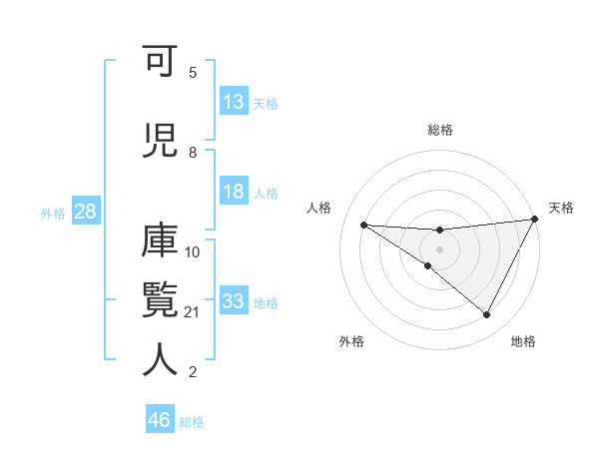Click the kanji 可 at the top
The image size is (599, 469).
click(161, 61)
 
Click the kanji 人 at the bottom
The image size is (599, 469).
click(161, 360)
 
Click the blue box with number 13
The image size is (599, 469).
click(234, 103)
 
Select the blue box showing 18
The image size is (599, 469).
click(234, 192)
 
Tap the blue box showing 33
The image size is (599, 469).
click(234, 301)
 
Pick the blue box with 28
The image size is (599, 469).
click(85, 213)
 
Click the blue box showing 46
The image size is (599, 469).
click(160, 420)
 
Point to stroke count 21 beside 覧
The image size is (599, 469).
click(194, 312)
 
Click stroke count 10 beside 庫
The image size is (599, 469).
click(194, 251)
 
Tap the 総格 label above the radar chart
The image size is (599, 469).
click(439, 130)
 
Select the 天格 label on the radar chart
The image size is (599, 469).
click(561, 208)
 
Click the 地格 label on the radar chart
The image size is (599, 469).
click(523, 341)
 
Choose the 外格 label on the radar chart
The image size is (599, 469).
click(351, 341)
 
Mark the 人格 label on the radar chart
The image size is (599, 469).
click(318, 208)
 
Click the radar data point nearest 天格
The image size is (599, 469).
click(534, 220)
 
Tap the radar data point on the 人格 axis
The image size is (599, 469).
click(363, 225)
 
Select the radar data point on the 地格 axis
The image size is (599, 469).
click(487, 315)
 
